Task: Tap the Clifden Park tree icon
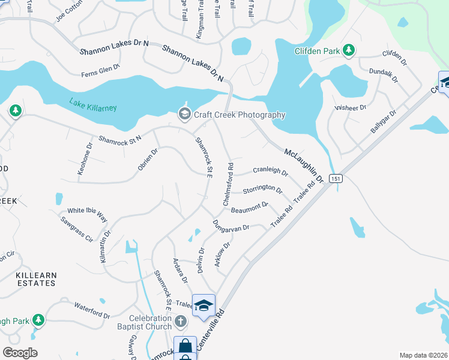pos(348,51)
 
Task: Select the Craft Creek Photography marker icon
pos(184,114)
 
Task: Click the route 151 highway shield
pos(337,178)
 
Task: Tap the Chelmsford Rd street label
pos(228,184)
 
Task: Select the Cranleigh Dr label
pos(271,170)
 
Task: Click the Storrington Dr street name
pos(262,190)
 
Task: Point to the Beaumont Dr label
pos(249,208)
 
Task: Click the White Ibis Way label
pos(87,211)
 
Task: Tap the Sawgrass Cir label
pos(76,230)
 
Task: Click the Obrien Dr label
pos(147,160)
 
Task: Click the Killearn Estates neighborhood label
pos(37,278)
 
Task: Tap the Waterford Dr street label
pos(92,315)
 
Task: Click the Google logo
pos(20,353)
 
